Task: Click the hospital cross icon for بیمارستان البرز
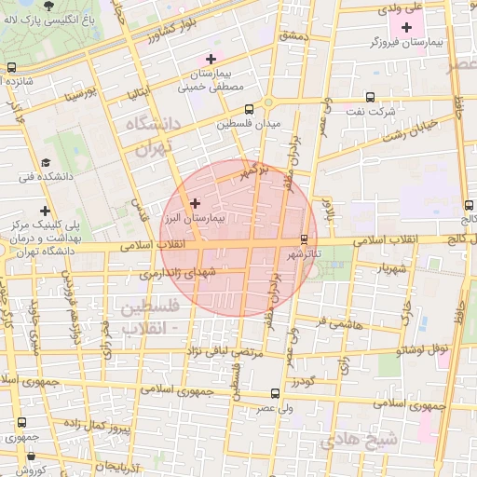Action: pos(195,202)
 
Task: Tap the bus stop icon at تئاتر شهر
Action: pos(305,238)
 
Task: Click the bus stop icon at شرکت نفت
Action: pos(370,97)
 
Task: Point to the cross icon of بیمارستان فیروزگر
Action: pos(406,27)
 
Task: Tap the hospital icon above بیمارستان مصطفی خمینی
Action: pos(211,59)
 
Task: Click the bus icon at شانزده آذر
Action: pos(11,67)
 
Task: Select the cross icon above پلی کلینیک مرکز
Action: pos(44,211)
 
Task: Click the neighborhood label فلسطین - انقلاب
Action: pos(155,317)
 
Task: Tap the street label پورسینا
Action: pos(80,95)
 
